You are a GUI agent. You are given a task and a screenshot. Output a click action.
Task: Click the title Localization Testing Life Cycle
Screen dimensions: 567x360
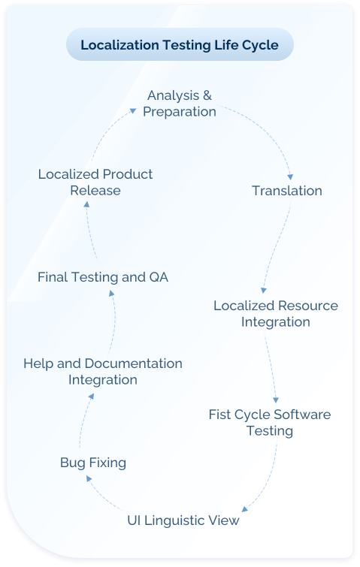coord(179,45)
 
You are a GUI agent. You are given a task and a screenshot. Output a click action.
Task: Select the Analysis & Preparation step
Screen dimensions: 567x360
coord(180,104)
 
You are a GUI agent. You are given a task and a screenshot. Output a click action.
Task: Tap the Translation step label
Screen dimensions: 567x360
coord(286,191)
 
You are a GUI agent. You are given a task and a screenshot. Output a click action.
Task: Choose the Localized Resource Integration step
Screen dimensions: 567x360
coord(275,314)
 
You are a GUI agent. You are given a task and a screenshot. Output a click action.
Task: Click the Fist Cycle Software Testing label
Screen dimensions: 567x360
coord(269,423)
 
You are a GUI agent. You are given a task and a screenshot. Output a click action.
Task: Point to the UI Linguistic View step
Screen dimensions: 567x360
coord(183,520)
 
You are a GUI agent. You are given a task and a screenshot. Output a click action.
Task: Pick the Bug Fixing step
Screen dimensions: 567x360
coord(93,463)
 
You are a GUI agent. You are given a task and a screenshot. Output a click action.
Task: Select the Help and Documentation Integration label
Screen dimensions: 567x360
coord(103,371)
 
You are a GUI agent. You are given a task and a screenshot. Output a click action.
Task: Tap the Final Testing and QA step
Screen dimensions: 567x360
coord(103,277)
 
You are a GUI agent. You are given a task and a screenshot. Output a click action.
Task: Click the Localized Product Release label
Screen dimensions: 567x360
coord(95,182)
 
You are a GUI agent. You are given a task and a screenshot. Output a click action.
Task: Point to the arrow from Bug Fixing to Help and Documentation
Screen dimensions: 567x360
coord(82,424)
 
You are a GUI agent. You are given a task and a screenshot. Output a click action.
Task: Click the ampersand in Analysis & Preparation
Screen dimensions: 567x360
coord(207,95)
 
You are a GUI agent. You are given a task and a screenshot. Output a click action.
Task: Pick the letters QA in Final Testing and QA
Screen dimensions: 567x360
coord(159,277)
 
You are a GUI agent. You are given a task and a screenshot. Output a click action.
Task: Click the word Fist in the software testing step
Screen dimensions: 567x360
coord(221,415)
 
